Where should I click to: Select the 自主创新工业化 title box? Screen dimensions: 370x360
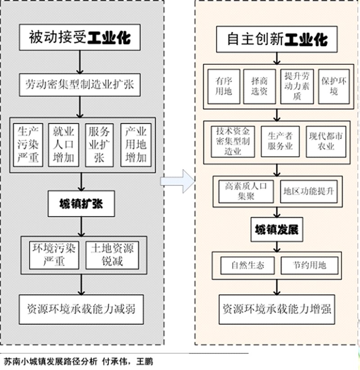coord(277,40)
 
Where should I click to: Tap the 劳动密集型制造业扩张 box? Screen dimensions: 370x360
coord(80,84)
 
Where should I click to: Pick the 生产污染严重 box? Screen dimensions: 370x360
coord(28,145)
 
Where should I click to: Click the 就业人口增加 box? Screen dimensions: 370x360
coord(64,145)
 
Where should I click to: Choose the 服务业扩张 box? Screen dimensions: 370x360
coord(99,145)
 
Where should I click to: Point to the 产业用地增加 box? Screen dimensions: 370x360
coord(136,145)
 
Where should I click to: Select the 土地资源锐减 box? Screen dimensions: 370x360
coord(112,255)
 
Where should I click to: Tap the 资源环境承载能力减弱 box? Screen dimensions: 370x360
coord(81,309)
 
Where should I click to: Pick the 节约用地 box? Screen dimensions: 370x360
coord(309,266)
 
